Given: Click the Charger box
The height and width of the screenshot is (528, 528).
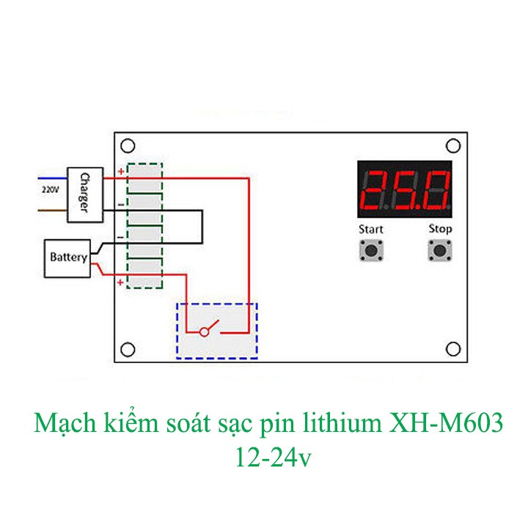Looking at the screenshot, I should pyautogui.click(x=84, y=194).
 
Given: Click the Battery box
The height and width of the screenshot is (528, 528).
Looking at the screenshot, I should pyautogui.click(x=68, y=258).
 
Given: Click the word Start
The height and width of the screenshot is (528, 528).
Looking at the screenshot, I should pyautogui.click(x=371, y=229).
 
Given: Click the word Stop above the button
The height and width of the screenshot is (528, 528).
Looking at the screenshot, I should pyautogui.click(x=440, y=229).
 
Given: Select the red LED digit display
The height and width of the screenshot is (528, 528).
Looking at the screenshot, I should pyautogui.click(x=405, y=188).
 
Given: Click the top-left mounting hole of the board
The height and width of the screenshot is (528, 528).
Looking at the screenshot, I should pyautogui.click(x=127, y=144).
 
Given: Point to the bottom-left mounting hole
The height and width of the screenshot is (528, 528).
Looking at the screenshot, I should pyautogui.click(x=127, y=349).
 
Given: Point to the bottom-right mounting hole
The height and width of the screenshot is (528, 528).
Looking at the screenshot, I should pyautogui.click(x=453, y=349).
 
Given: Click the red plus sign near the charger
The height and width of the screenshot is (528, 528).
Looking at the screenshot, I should pyautogui.click(x=121, y=172).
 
